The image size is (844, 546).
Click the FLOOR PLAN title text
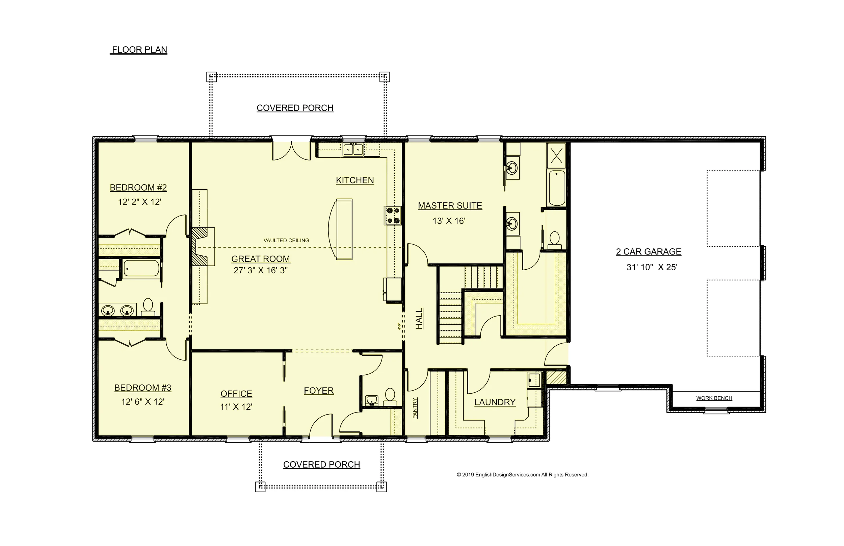click(x=139, y=50)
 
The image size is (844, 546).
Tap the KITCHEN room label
click(x=354, y=180)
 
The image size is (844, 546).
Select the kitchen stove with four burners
click(x=393, y=216)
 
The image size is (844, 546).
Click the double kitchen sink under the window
click(x=353, y=149)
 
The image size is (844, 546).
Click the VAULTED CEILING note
click(x=286, y=240)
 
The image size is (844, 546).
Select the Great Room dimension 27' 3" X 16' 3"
click(x=260, y=271)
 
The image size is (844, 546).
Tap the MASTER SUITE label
click(x=450, y=206)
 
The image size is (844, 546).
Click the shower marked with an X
click(x=556, y=156)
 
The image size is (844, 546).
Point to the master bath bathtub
click(x=556, y=188)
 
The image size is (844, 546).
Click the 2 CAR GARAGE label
click(x=648, y=252)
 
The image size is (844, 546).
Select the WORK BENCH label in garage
click(x=714, y=398)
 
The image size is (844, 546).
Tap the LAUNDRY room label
click(x=495, y=402)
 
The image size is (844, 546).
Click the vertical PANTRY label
click(x=415, y=408)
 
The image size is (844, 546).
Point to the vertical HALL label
click(x=419, y=318)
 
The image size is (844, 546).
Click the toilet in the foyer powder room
click(x=390, y=397)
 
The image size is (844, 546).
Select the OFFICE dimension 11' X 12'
click(x=236, y=407)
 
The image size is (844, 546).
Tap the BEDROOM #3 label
click(x=142, y=388)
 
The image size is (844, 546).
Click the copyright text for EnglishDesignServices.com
click(x=522, y=475)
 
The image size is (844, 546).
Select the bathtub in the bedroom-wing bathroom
click(x=141, y=268)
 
